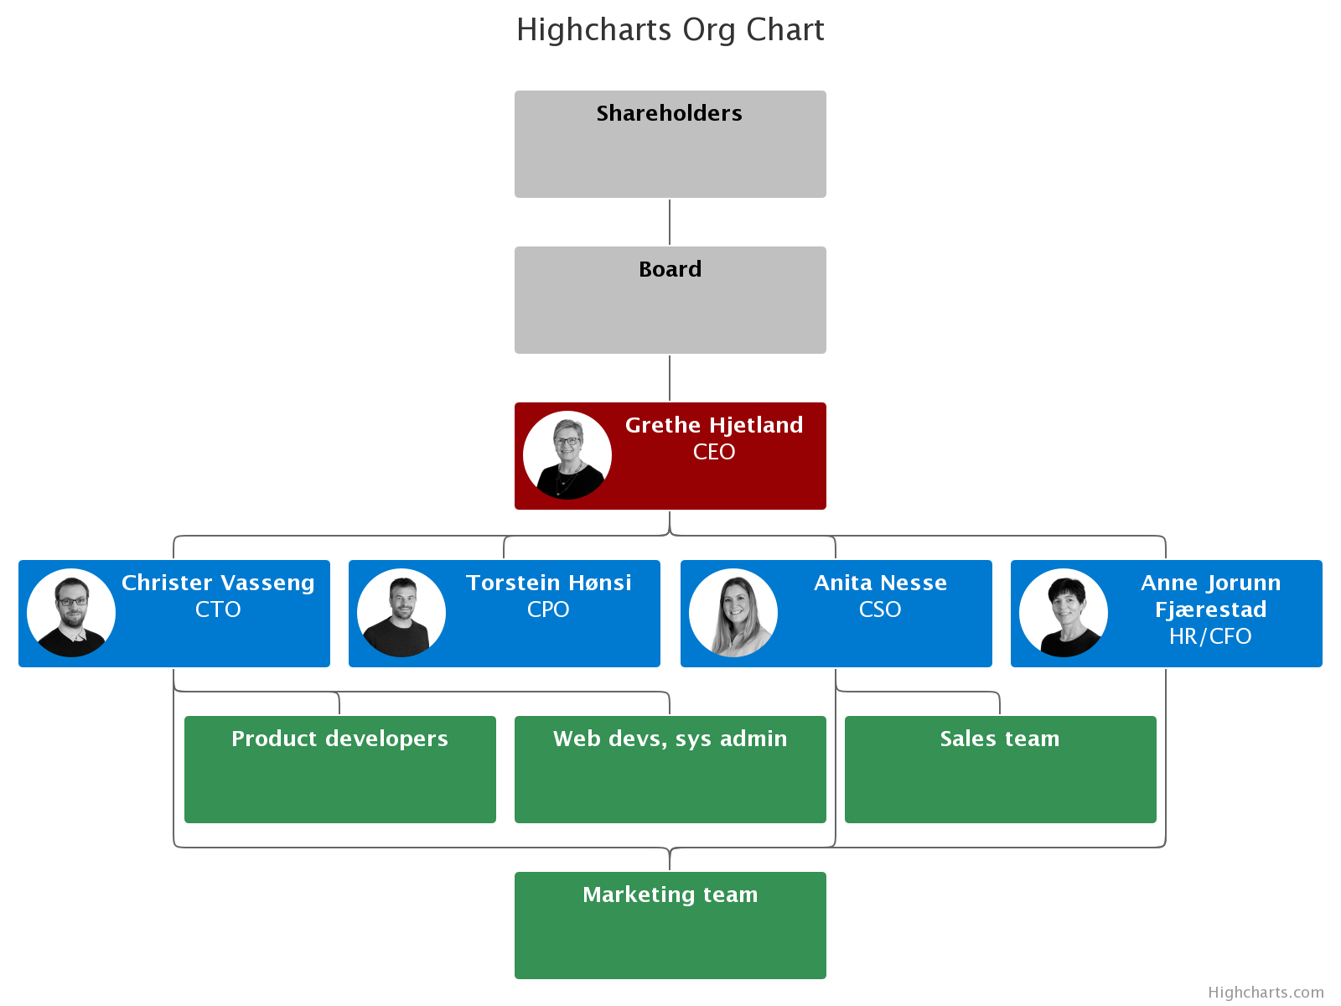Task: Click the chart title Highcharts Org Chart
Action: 670,30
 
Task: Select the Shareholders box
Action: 670,144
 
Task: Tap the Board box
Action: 670,300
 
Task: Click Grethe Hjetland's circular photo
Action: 567,455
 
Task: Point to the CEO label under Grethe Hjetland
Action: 714,452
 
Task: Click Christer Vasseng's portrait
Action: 71,613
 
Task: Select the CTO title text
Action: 218,609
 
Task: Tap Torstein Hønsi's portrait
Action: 401,613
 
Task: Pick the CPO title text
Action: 548,609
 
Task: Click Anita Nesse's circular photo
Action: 733,613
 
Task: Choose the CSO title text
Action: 880,609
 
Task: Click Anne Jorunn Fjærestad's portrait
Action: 1064,613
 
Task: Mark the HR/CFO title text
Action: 1210,636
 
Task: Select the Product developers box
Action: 339,770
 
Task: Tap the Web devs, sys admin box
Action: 670,770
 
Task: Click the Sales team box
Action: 1000,770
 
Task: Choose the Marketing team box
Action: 670,926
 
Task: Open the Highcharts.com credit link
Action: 1266,993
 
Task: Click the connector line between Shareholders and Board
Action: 670,222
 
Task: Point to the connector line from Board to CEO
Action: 670,378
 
